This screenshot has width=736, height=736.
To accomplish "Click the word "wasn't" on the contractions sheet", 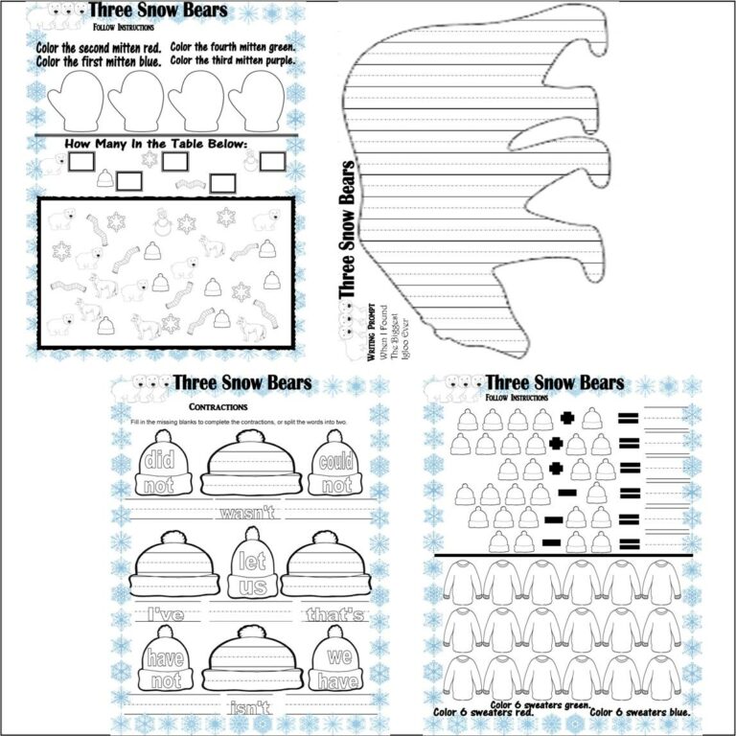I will click(246, 513).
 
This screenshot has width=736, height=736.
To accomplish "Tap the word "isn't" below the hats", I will click(251, 708).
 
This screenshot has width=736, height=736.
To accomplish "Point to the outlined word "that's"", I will click(334, 613).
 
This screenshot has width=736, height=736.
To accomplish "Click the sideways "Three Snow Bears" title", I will click(349, 229).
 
